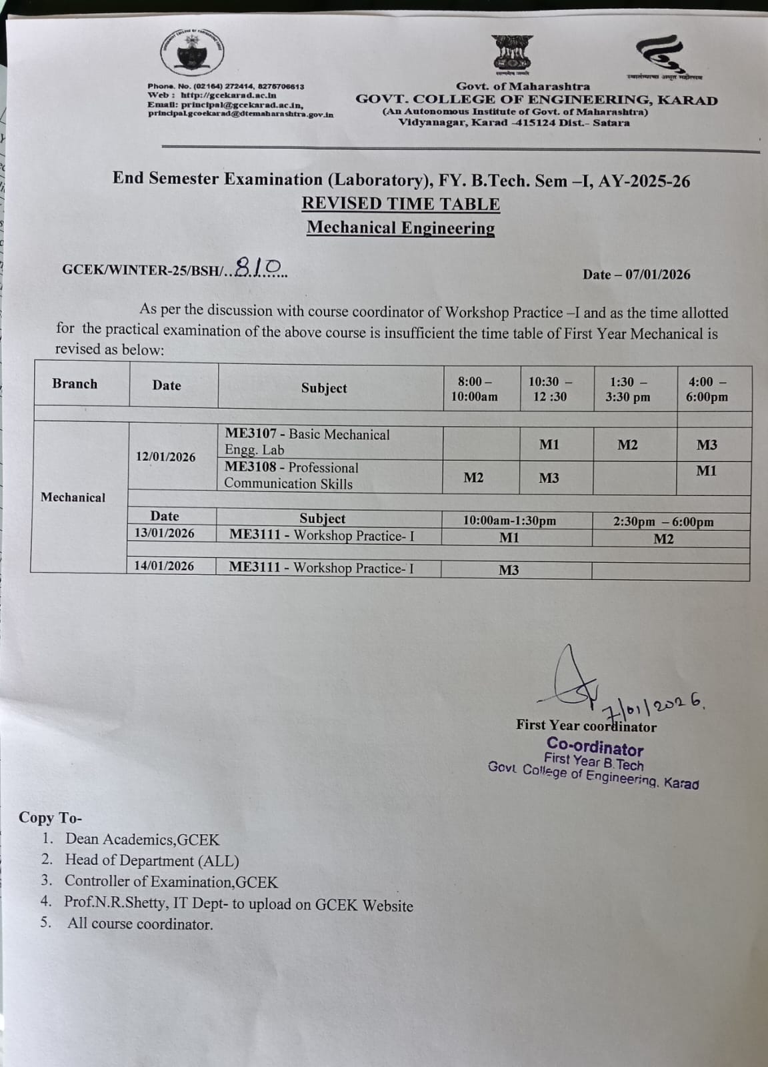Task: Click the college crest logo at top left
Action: tap(192, 52)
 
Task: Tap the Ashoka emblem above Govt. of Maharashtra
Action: tap(512, 53)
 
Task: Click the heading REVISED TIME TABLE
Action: tap(401, 203)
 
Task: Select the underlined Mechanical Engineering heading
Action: tap(401, 227)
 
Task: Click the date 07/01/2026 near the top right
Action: tap(657, 275)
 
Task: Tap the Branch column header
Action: tap(75, 384)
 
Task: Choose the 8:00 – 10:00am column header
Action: tap(474, 389)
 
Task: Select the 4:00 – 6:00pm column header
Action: tap(707, 389)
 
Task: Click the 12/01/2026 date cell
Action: tap(166, 457)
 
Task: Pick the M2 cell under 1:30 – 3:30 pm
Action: tap(627, 445)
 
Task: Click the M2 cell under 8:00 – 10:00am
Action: tap(473, 477)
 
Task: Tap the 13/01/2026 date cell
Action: tap(165, 533)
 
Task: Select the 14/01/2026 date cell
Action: tap(164, 566)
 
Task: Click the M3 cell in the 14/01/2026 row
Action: tap(509, 570)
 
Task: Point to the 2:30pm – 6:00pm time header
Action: tap(663, 522)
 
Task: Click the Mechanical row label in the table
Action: tap(73, 497)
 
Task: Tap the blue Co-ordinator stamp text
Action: tap(595, 747)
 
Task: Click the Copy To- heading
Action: tap(51, 818)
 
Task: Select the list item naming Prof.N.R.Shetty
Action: tap(238, 904)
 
